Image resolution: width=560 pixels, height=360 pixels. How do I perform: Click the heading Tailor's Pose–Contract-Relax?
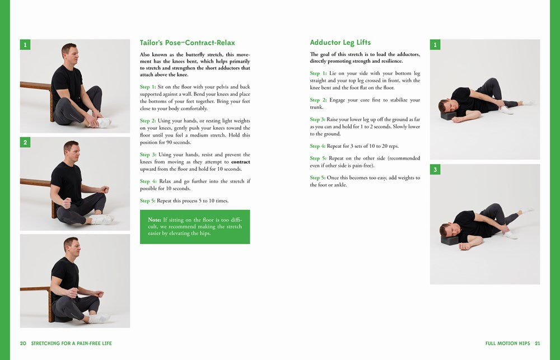[x=187, y=43]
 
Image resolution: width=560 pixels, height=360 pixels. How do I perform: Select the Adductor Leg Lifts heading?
[x=340, y=43]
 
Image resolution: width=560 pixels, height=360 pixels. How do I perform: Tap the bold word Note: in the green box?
[x=155, y=220]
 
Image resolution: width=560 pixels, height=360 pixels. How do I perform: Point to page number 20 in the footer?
[x=23, y=343]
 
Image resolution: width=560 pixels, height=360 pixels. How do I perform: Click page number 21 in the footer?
[x=537, y=343]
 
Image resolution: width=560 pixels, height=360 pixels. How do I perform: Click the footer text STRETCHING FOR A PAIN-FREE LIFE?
[x=71, y=343]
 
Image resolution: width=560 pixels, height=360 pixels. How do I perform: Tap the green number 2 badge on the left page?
[x=25, y=143]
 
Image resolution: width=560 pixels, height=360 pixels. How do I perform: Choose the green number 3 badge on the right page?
[x=435, y=169]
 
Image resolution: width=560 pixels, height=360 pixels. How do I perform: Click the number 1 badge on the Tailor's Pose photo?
[x=25, y=45]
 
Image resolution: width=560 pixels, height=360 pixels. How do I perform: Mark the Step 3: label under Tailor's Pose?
[x=148, y=155]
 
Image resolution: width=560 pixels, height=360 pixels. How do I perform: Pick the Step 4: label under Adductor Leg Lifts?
[x=318, y=146]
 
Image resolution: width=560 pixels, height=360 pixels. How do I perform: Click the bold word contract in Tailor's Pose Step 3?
[x=240, y=162]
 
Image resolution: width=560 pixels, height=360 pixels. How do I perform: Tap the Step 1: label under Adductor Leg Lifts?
[x=318, y=73]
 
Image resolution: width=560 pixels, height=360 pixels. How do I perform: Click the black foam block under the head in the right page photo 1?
[x=448, y=115]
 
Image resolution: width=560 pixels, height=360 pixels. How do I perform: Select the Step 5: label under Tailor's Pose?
[x=148, y=200]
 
